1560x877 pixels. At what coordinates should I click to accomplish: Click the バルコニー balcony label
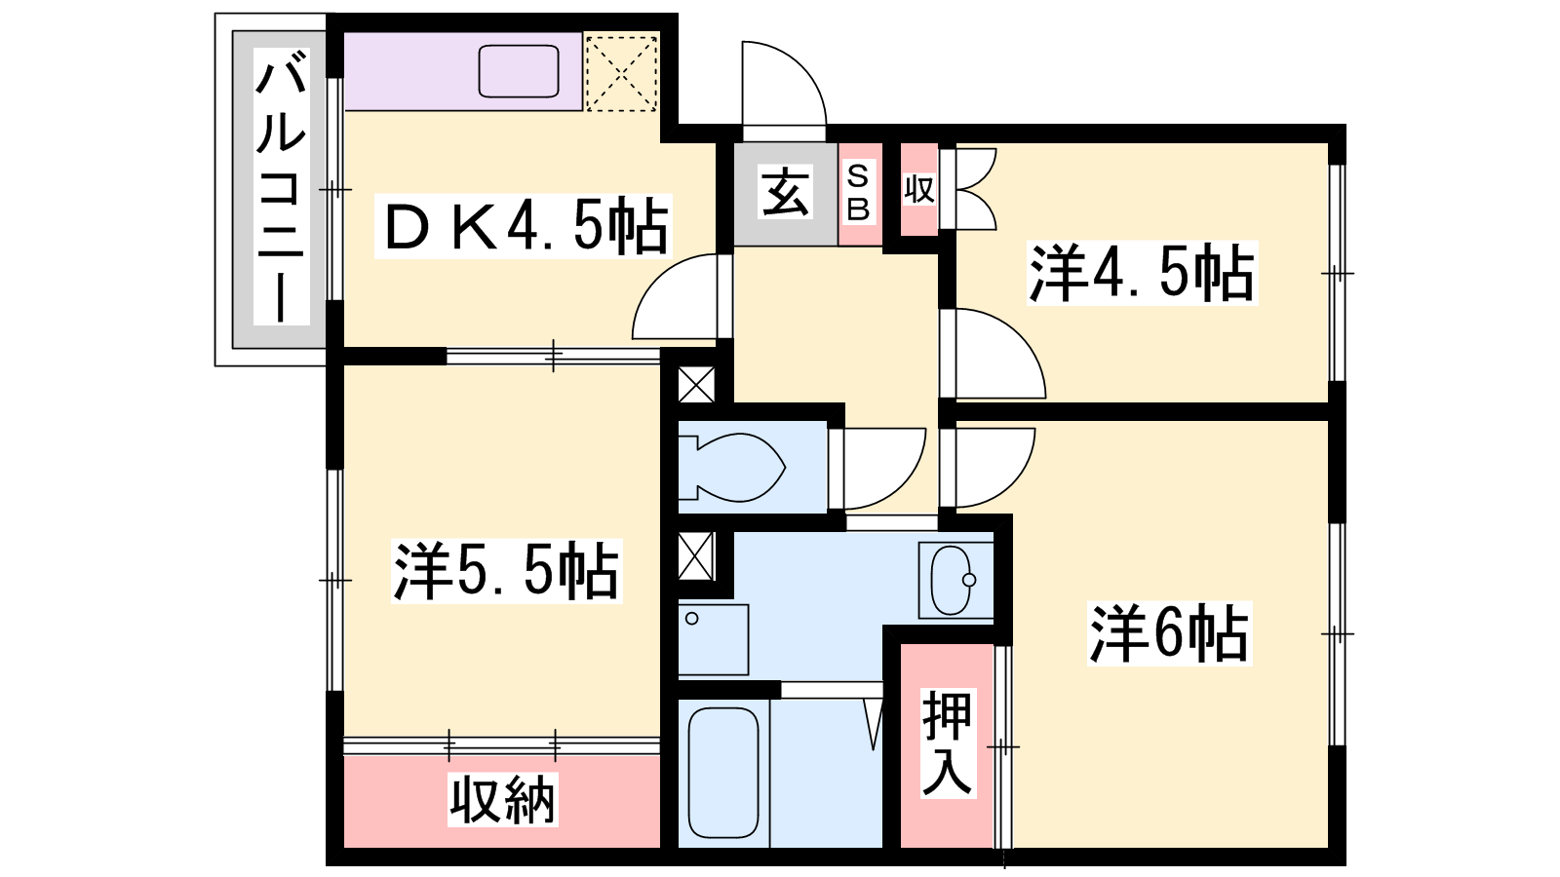(x=282, y=186)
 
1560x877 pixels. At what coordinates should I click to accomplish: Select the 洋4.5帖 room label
(x=1142, y=273)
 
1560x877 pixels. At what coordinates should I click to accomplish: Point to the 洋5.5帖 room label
(x=506, y=571)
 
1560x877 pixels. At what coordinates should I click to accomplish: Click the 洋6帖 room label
(x=1169, y=633)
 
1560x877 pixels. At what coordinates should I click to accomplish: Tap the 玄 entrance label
(x=785, y=193)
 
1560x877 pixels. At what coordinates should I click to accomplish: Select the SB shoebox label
(x=858, y=193)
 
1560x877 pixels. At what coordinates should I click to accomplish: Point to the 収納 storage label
(x=502, y=799)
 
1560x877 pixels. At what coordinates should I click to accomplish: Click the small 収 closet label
(x=919, y=189)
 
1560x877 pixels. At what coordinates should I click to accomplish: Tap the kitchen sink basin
(x=519, y=71)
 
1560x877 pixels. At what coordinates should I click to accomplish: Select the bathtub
(x=723, y=773)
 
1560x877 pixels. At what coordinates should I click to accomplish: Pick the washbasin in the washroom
(x=955, y=580)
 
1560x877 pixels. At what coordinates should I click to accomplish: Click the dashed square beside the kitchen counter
(x=621, y=72)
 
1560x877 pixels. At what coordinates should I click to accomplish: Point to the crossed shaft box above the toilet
(x=696, y=384)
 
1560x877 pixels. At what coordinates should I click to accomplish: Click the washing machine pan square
(x=713, y=639)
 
